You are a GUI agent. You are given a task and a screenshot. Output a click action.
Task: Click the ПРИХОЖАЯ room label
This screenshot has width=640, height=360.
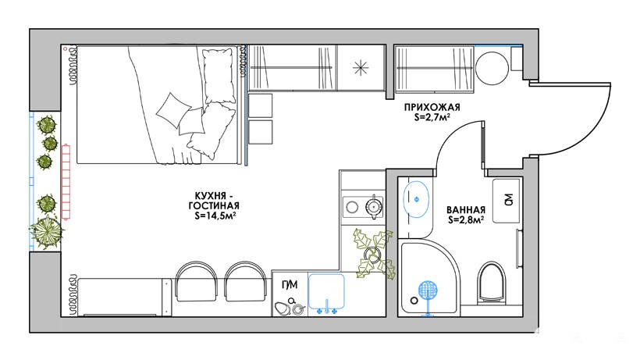click(432, 107)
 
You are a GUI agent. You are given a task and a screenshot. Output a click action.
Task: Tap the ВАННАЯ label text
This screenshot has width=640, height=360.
click(466, 210)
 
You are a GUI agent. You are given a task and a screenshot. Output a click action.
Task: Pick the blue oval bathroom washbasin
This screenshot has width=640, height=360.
click(416, 199)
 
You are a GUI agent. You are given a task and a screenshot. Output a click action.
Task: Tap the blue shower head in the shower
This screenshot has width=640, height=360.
click(428, 291)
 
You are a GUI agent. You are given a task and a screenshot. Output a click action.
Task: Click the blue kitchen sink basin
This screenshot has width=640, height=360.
click(326, 291)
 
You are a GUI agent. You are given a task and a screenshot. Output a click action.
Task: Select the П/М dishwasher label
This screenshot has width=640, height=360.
click(290, 284)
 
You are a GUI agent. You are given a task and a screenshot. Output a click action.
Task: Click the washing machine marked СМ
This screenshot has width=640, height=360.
click(506, 201)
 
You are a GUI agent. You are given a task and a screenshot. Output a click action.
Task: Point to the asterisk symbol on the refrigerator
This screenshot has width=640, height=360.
click(361, 68)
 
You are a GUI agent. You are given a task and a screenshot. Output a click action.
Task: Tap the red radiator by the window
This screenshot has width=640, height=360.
click(66, 183)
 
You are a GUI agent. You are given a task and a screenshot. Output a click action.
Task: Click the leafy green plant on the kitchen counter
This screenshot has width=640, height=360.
click(375, 254)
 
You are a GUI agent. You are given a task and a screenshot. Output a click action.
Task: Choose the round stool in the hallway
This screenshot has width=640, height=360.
click(492, 68)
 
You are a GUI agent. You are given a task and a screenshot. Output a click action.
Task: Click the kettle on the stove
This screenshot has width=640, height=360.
click(374, 205)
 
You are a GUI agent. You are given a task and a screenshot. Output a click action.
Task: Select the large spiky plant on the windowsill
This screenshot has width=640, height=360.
click(47, 232)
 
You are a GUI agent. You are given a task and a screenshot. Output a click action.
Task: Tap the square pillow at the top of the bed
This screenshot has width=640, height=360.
click(220, 76)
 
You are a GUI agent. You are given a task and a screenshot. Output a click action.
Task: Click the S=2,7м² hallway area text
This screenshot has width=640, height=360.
click(432, 118)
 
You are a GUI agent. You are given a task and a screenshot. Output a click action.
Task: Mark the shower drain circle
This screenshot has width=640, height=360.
click(414, 301)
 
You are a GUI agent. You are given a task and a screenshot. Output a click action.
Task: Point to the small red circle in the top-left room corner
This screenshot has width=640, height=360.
click(66, 49)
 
